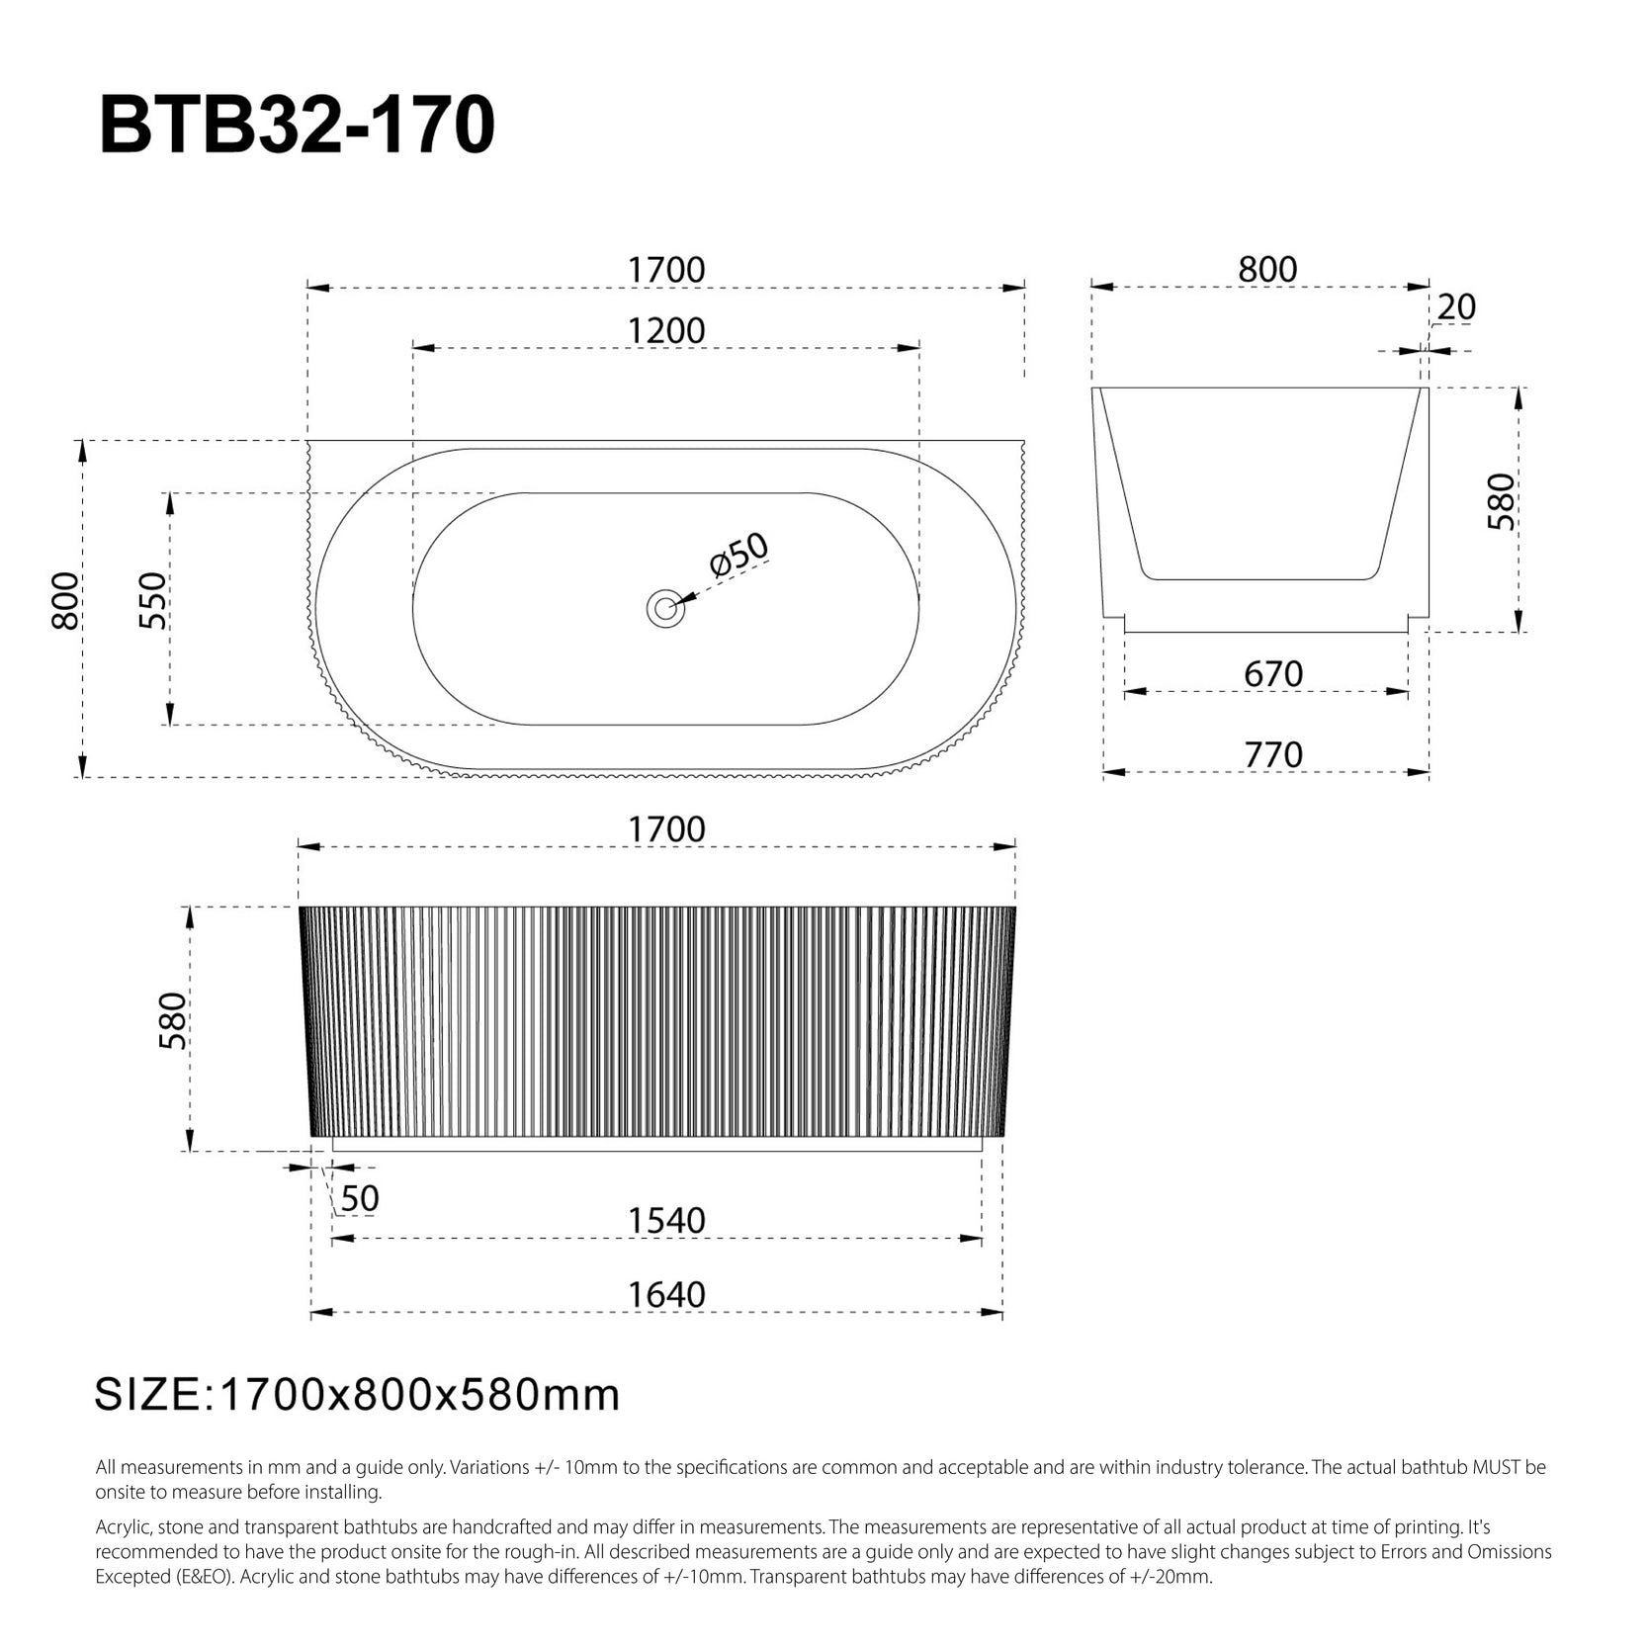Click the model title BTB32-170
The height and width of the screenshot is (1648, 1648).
coord(298,126)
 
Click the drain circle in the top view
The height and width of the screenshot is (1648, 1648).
coord(665,608)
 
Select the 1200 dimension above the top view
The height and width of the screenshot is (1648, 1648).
coord(666,330)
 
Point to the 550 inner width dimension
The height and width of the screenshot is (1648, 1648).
coord(153,600)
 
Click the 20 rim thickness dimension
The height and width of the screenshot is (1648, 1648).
coord(1456,307)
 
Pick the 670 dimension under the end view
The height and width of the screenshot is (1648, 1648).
coord(1273,674)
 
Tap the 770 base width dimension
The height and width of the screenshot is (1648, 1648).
coord(1273,754)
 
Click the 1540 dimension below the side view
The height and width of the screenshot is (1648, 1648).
coord(667,1221)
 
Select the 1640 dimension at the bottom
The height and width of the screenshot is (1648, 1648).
coord(667,1295)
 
